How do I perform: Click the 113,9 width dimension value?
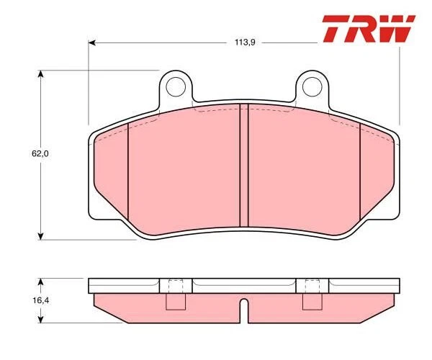click(246, 42)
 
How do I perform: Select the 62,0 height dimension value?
click(26, 153)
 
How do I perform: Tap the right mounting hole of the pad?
click(312, 86)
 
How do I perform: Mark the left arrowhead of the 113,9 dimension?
click(92, 42)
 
